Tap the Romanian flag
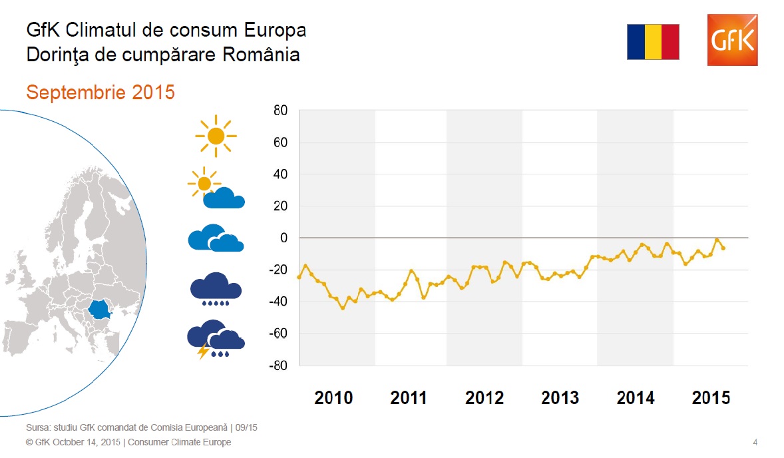pos(653,42)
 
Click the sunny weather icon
pos(216,136)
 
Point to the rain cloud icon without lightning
pos(216,288)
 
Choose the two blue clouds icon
pos(216,238)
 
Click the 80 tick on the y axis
pos(280,111)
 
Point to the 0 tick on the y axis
pos(284,238)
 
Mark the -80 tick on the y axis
pos(278,365)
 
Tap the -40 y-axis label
pos(278,302)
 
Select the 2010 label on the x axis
pos(333,398)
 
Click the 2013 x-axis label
pos(560,398)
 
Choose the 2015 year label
pos(711,398)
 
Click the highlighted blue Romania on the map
pos(100,310)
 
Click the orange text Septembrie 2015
pos(100,92)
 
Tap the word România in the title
pos(261,55)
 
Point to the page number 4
pos(755,442)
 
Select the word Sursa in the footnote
pos(37,427)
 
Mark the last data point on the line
pos(723,248)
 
